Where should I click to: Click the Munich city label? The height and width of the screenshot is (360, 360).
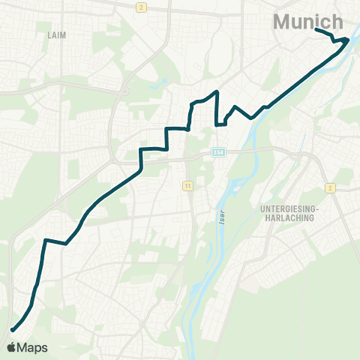[308, 22]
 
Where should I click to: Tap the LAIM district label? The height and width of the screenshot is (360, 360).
[57, 35]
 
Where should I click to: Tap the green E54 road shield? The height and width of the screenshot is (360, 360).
[218, 151]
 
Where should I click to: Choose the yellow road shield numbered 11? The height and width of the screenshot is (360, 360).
[187, 184]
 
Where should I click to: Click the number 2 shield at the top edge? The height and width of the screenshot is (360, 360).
[140, 7]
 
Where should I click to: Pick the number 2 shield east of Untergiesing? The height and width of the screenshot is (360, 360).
[329, 187]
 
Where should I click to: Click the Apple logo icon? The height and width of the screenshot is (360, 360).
[11, 347]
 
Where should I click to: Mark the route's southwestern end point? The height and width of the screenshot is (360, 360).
[12, 329]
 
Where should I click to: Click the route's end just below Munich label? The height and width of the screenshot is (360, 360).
[316, 30]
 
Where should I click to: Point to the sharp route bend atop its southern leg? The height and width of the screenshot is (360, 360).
[45, 240]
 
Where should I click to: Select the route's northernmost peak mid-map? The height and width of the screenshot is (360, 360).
[217, 91]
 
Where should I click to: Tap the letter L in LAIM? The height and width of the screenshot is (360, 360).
[49, 35]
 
